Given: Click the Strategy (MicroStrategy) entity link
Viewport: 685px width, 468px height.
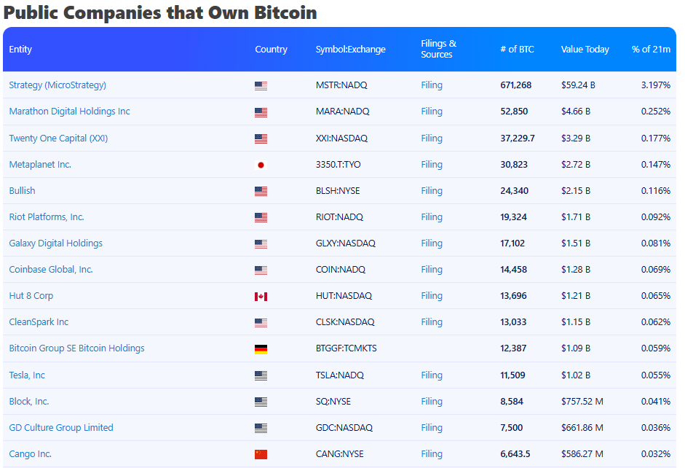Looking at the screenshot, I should pyautogui.click(x=58, y=85).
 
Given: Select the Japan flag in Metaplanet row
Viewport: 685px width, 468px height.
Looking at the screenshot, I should pyautogui.click(x=261, y=165).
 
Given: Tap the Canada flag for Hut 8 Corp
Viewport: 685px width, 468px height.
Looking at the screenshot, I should pyautogui.click(x=261, y=296).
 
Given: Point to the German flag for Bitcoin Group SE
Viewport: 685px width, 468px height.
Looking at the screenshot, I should pyautogui.click(x=261, y=348).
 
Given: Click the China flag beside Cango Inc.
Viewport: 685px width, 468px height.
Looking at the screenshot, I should pyautogui.click(x=261, y=454).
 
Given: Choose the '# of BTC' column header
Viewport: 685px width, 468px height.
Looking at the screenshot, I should pyautogui.click(x=517, y=50).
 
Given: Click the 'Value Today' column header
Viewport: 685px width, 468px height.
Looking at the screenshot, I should pyautogui.click(x=585, y=50).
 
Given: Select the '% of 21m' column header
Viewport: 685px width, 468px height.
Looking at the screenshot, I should pyautogui.click(x=651, y=50).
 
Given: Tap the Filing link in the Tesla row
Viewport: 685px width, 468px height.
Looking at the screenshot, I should pyautogui.click(x=432, y=375).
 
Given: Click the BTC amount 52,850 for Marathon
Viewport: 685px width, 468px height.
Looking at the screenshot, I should pyautogui.click(x=514, y=112).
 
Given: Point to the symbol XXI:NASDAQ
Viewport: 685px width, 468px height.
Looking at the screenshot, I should pyautogui.click(x=341, y=139).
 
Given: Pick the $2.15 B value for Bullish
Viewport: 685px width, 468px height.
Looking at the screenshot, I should pyautogui.click(x=576, y=191).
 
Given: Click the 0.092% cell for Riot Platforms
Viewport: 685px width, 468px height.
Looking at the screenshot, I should pyautogui.click(x=656, y=217).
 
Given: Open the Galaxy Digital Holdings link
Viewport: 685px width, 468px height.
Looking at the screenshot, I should pyautogui.click(x=55, y=243).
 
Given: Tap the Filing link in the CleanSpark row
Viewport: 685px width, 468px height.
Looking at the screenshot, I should pyautogui.click(x=432, y=322).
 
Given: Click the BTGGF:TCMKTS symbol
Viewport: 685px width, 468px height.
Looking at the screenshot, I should pyautogui.click(x=347, y=348).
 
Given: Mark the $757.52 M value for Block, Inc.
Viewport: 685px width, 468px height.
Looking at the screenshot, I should pyautogui.click(x=582, y=402).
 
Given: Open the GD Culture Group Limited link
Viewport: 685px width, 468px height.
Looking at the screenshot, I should pyautogui.click(x=61, y=428).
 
